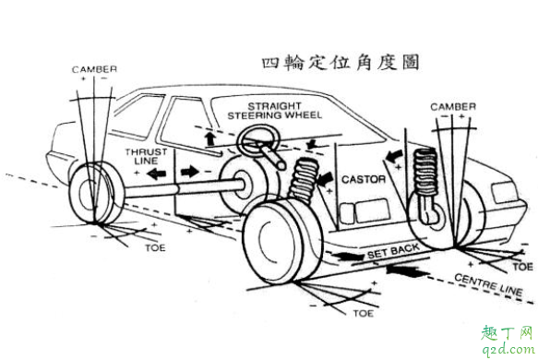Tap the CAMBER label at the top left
[x=96, y=69]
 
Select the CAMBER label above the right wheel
[x=453, y=108]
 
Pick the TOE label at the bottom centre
[x=364, y=314]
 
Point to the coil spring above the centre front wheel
[x=304, y=181]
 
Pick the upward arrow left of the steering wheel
[x=211, y=137]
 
